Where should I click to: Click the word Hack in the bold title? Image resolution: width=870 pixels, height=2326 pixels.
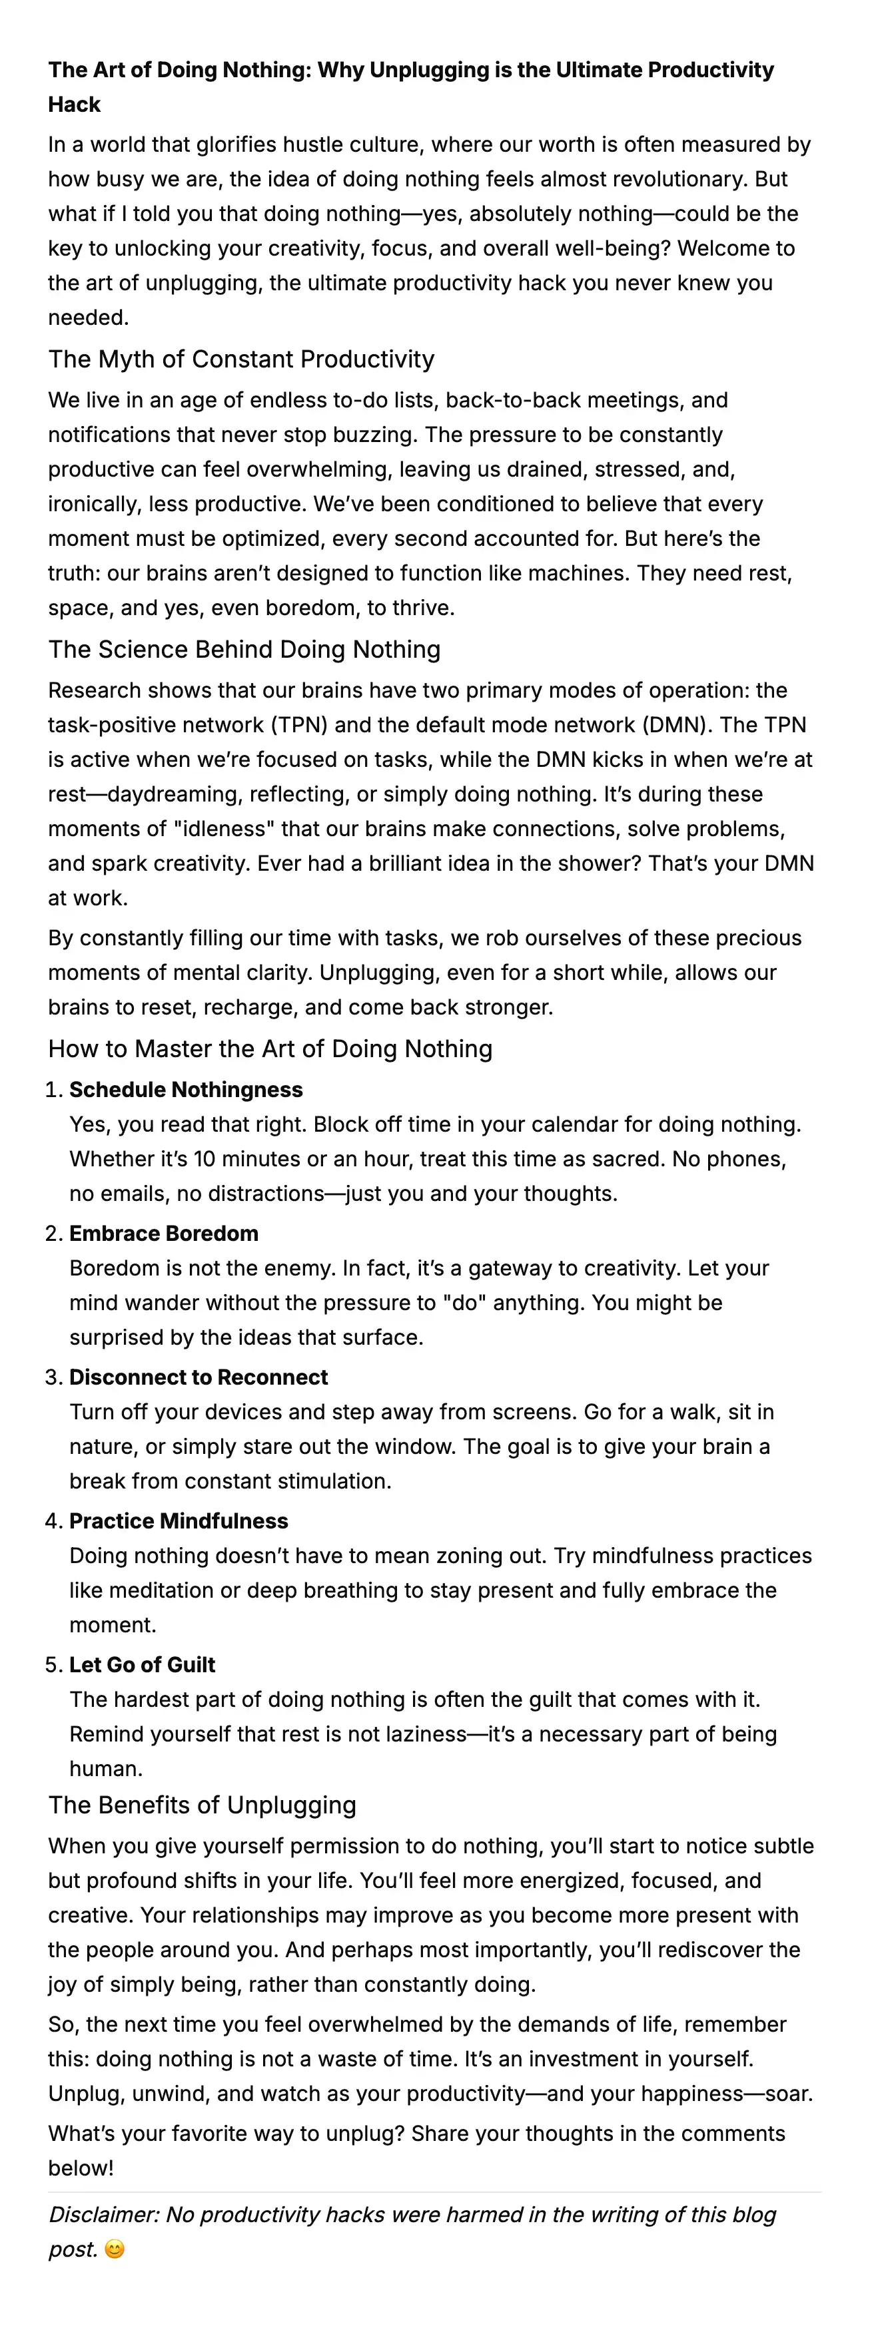click(x=74, y=105)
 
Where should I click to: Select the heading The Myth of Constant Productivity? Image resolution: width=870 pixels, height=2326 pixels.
click(x=241, y=359)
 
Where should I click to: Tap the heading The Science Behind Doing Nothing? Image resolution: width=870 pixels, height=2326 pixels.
click(x=244, y=650)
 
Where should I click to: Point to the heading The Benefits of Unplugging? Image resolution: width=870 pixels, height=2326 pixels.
click(x=203, y=1805)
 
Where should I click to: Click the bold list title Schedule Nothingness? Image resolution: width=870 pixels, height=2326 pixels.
click(x=186, y=1090)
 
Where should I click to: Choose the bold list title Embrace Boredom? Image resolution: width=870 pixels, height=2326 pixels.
click(x=163, y=1234)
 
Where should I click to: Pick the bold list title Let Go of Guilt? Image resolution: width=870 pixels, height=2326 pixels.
click(x=143, y=1665)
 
